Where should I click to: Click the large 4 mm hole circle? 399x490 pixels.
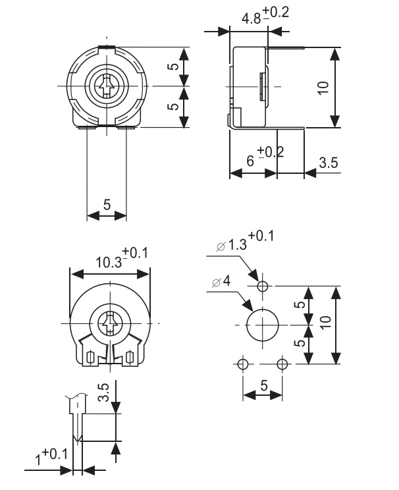click(x=262, y=325)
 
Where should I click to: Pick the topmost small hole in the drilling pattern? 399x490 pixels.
click(x=262, y=286)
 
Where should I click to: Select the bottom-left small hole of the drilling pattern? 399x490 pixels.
click(x=243, y=364)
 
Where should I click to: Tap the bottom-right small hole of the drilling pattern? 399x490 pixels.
click(x=282, y=364)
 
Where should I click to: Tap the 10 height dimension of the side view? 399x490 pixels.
click(x=322, y=87)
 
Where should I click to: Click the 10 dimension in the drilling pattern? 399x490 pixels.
click(x=322, y=325)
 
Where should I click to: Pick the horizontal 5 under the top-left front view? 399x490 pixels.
click(x=107, y=205)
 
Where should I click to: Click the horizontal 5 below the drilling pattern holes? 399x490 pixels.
click(x=263, y=387)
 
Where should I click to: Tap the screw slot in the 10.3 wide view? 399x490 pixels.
click(x=110, y=323)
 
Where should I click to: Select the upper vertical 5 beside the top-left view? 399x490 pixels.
click(x=173, y=67)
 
